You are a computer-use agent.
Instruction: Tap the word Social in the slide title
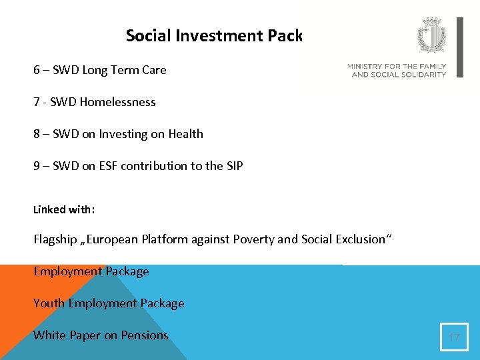click(149, 35)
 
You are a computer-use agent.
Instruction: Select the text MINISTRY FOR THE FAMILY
click(397, 67)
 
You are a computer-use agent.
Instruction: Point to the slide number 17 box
click(454, 337)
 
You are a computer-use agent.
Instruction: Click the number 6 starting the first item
click(37, 70)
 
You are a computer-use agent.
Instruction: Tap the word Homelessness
click(117, 102)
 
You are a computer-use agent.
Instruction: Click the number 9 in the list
click(37, 166)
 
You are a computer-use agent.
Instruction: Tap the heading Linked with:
click(64, 209)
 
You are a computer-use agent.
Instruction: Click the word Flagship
click(55, 239)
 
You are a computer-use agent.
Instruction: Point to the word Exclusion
click(360, 239)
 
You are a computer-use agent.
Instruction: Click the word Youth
click(49, 303)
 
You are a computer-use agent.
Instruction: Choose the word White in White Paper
click(49, 335)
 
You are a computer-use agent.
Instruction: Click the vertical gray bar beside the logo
click(459, 47)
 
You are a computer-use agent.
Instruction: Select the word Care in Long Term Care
click(153, 70)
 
